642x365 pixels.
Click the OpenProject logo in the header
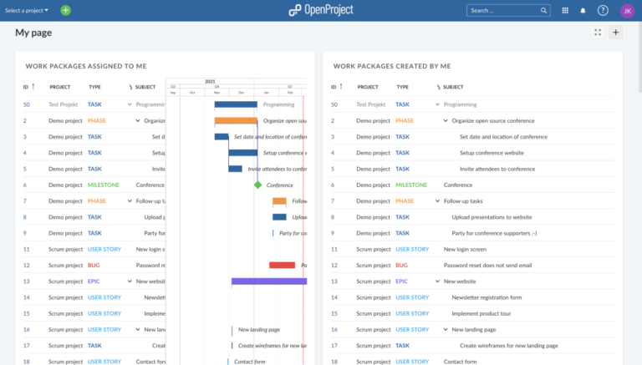pos(321,10)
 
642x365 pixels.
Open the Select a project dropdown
pos(27,11)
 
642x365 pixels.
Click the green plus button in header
pos(66,11)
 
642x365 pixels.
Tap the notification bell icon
pos(583,11)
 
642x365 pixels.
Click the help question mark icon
pos(603,11)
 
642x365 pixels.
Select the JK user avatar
pos(627,11)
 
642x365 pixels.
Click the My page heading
pos(34,33)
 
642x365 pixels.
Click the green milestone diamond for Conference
pos(257,185)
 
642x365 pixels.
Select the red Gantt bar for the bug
pos(282,265)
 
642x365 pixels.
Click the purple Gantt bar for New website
pos(268,281)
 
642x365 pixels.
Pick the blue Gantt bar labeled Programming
pos(236,104)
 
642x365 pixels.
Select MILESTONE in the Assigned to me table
pos(104,185)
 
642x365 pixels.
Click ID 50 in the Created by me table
pos(334,104)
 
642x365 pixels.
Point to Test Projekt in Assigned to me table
pos(65,104)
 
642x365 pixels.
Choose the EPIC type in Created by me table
pos(402,281)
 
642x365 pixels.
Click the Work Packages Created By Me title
pos(391,65)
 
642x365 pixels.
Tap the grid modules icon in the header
pos(565,11)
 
